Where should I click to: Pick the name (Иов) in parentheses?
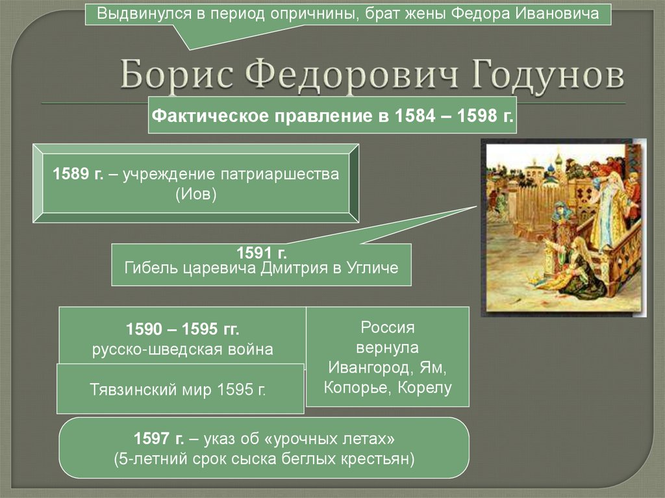click(195, 194)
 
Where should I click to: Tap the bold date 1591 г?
click(261, 253)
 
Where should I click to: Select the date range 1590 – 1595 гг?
click(182, 329)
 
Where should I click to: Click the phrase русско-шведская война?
click(182, 349)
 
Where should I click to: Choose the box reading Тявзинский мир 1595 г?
click(180, 389)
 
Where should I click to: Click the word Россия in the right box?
click(387, 327)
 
